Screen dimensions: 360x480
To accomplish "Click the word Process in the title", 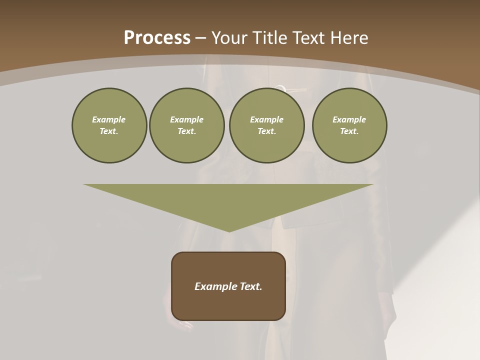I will pos(157,38).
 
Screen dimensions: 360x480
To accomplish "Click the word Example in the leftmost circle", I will pos(109,119).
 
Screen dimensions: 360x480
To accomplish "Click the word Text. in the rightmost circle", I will pos(349,131).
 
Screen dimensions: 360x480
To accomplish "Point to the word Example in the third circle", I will pos(266,119).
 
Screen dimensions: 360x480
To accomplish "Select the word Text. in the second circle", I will pos(187,131).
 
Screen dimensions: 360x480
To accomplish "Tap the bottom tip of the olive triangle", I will pos(229,230).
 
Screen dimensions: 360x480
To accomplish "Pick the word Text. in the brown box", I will pos(251,286).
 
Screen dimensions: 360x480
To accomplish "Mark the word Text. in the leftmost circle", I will pos(109,131).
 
